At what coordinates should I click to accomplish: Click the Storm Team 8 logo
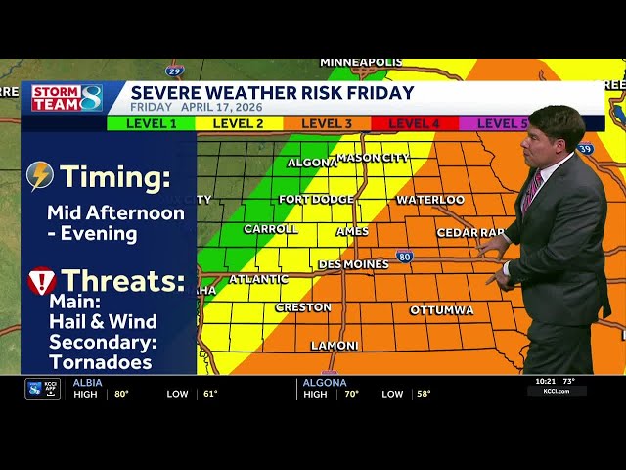click(x=67, y=98)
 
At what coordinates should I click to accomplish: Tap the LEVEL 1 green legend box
click(x=152, y=123)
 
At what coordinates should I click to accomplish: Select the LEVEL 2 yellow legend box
click(x=239, y=123)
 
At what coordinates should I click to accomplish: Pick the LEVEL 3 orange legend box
click(x=327, y=123)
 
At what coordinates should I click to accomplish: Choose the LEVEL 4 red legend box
click(x=415, y=123)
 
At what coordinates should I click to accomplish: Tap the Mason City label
click(x=373, y=158)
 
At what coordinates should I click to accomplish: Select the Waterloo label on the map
click(x=430, y=200)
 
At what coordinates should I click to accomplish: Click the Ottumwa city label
click(x=441, y=310)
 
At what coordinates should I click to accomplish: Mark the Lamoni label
click(x=335, y=346)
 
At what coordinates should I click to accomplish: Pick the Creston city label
click(x=303, y=307)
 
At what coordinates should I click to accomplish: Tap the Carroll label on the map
click(x=271, y=229)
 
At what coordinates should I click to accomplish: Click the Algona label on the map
click(x=312, y=163)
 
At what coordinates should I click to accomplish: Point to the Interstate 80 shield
click(x=404, y=257)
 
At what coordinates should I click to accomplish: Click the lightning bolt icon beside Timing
click(x=40, y=176)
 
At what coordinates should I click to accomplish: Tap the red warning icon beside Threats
click(x=42, y=281)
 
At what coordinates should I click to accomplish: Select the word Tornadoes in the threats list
click(x=101, y=362)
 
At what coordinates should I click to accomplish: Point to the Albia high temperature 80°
click(x=121, y=394)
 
